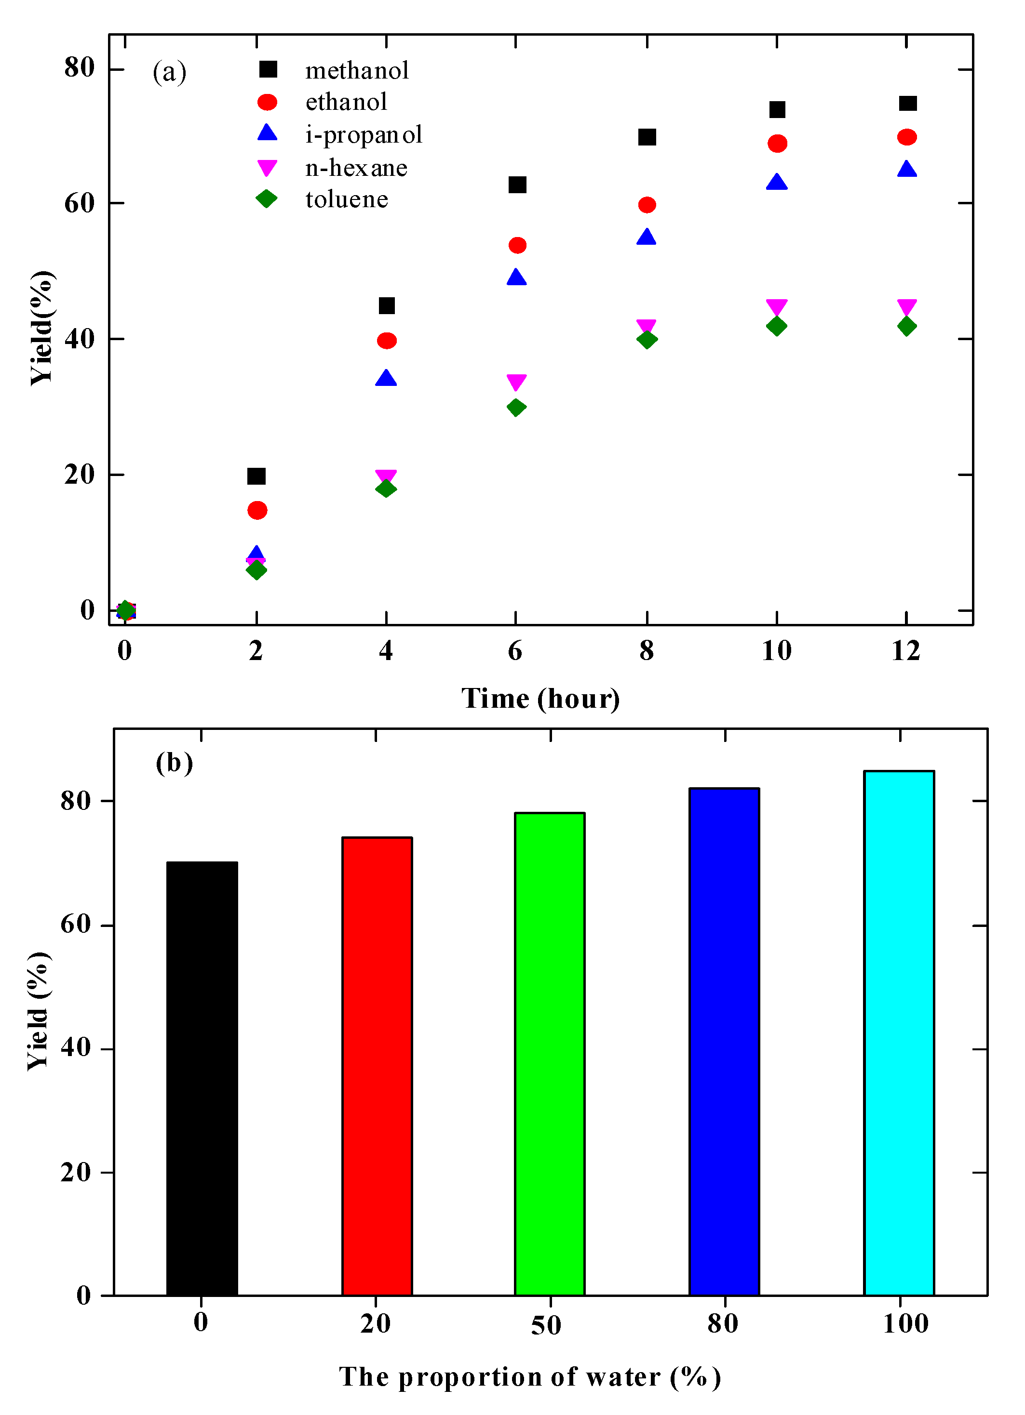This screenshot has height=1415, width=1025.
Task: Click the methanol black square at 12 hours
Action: pyautogui.click(x=907, y=104)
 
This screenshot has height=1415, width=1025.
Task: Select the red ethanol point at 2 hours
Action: pyautogui.click(x=257, y=510)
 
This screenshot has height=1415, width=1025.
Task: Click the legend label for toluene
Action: pyautogui.click(x=347, y=199)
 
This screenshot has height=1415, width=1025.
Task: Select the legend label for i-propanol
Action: pyautogui.click(x=364, y=135)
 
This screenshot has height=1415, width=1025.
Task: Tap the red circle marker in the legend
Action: pyautogui.click(x=267, y=102)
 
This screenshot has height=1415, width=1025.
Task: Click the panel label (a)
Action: pyautogui.click(x=169, y=72)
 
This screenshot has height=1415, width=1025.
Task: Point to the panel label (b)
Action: pyautogui.click(x=174, y=763)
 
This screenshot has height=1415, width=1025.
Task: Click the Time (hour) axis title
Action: pyautogui.click(x=540, y=698)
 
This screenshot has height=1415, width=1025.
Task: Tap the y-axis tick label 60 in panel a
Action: pyautogui.click(x=79, y=203)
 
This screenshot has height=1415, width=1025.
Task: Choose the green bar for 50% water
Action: pyautogui.click(x=549, y=1055)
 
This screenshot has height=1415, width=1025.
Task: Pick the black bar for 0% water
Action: pyautogui.click(x=202, y=1079)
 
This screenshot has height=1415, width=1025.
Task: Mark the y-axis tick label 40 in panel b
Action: pyautogui.click(x=76, y=1048)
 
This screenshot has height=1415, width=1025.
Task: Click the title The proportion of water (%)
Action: pyautogui.click(x=529, y=1377)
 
